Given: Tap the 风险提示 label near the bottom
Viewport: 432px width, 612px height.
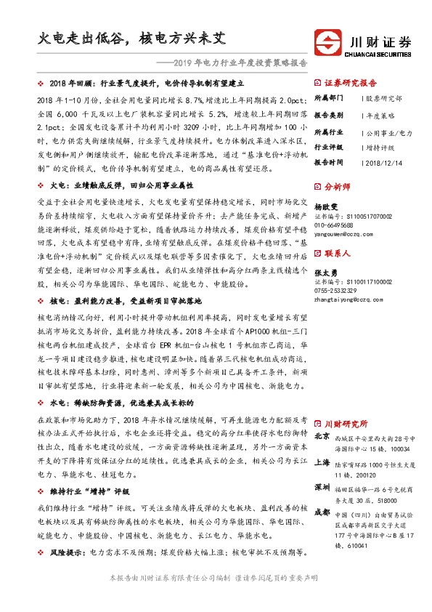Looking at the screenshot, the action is tap(67, 552).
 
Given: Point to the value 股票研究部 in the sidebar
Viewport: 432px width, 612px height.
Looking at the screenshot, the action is tap(384, 97).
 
